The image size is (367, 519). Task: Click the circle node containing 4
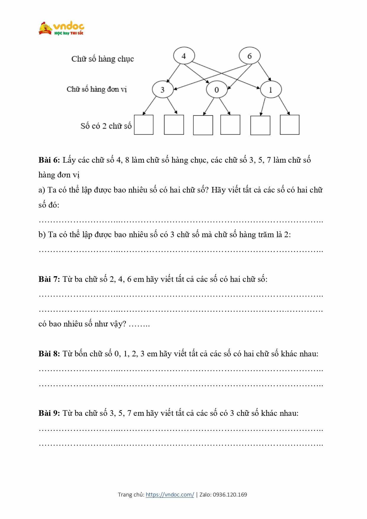[184, 56]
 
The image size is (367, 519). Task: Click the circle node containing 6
[250, 56]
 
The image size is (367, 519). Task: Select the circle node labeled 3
[162, 89]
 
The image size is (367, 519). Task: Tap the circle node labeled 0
[216, 89]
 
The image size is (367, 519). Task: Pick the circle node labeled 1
[271, 89]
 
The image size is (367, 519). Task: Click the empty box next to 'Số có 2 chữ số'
[144, 125]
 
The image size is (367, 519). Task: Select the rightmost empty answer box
[290, 125]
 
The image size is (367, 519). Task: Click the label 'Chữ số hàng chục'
[103, 59]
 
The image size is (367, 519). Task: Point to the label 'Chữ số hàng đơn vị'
[97, 89]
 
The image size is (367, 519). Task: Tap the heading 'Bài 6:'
[49, 160]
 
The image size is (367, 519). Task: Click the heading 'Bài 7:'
[49, 279]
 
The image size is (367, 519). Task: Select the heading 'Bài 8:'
[49, 354]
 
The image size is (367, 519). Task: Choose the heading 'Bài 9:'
[49, 413]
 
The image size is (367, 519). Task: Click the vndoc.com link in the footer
[170, 494]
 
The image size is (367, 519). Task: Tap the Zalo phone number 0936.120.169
[230, 494]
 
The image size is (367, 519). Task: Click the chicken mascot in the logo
[45, 28]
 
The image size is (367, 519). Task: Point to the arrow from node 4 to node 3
[174, 72]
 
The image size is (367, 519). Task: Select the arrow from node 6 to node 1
[264, 71]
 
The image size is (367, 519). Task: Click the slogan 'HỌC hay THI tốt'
[69, 33]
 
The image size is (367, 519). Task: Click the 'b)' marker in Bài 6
[42, 235]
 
